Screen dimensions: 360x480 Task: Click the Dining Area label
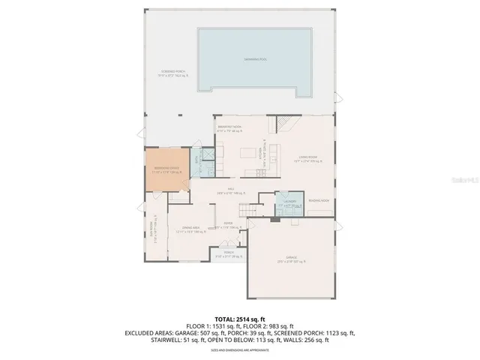pyautogui.click(x=190, y=229)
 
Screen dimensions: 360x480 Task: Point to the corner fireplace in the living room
pyautogui.click(x=285, y=121)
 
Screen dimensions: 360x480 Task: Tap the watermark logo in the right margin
pyautogui.click(x=466, y=178)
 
